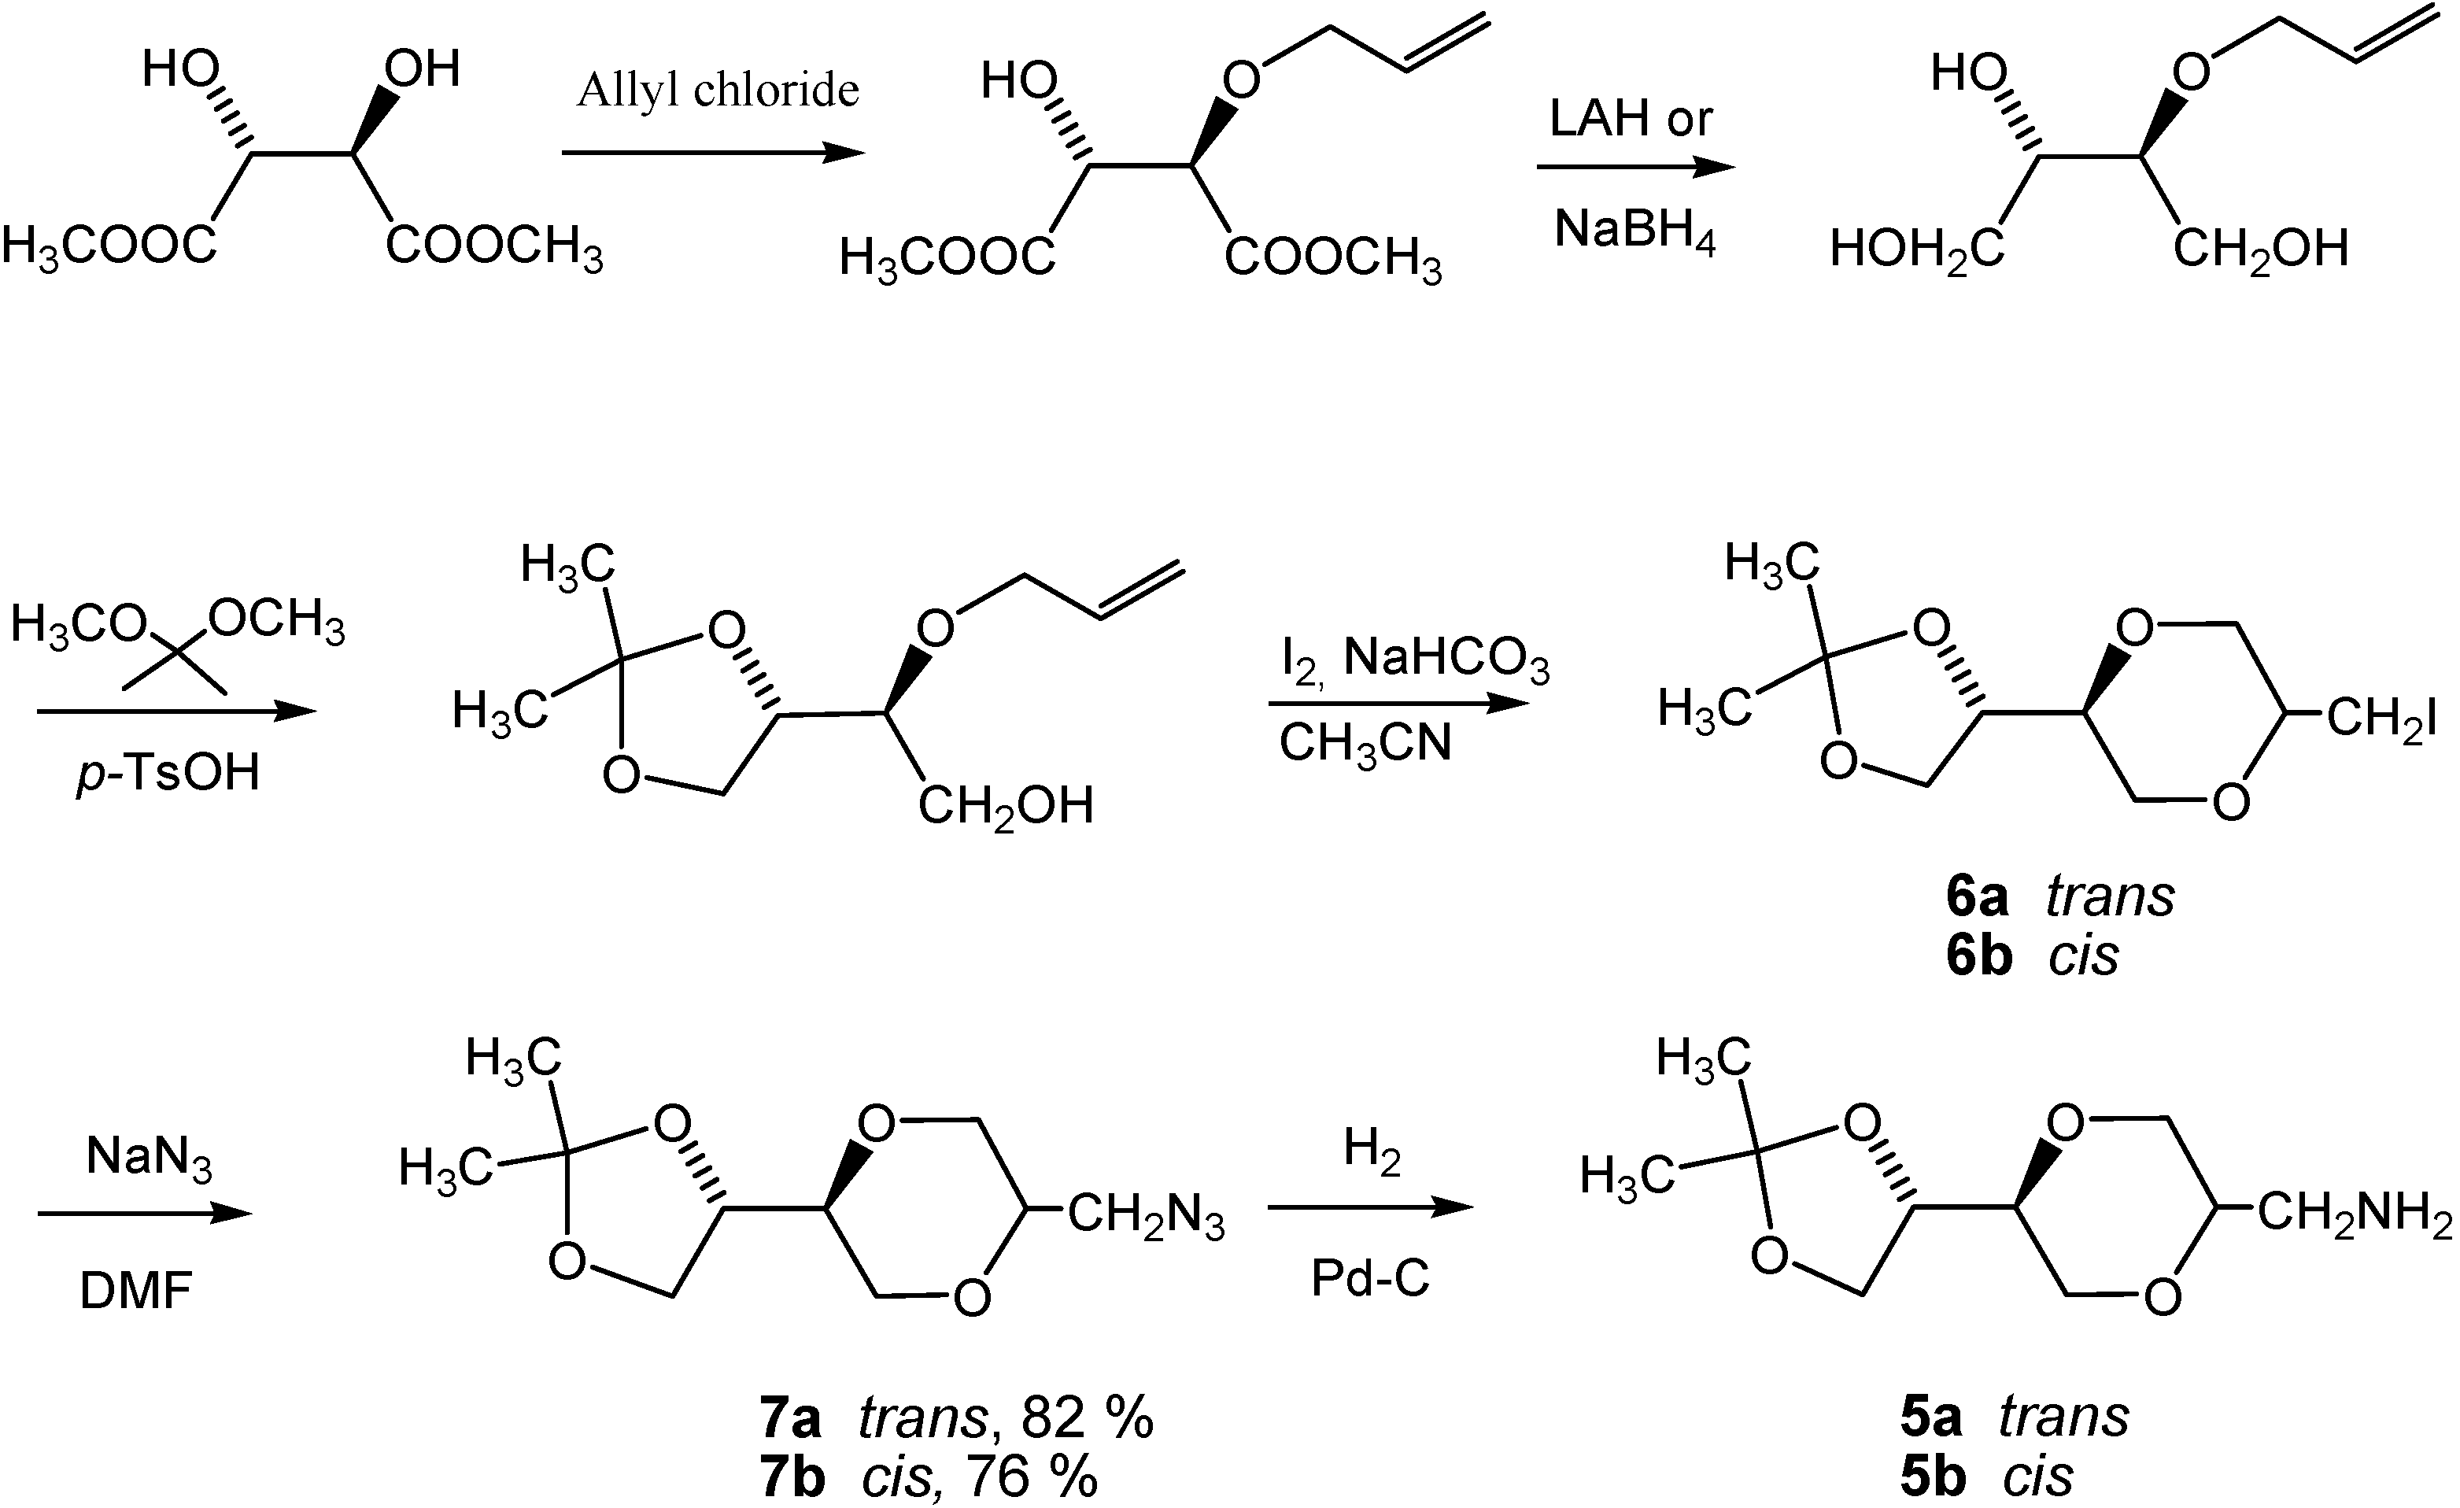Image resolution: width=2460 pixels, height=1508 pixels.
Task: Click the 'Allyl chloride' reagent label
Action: tap(717, 91)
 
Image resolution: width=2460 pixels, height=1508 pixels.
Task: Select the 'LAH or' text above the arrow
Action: tap(1631, 119)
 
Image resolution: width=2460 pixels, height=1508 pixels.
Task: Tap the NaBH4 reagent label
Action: tap(1634, 231)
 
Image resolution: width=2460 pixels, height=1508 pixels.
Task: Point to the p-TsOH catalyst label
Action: tap(168, 772)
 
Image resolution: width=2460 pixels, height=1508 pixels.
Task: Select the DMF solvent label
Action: tap(136, 1292)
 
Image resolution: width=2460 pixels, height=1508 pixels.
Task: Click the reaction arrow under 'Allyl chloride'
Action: tap(712, 153)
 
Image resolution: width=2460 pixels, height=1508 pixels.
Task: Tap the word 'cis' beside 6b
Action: tap(2084, 955)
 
